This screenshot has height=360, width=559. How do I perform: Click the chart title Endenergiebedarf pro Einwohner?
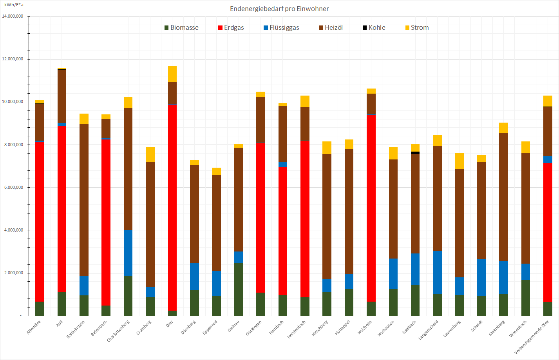point(279,9)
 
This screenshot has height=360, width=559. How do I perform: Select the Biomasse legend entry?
point(181,27)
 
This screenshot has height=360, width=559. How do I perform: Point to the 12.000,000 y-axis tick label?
point(13,59)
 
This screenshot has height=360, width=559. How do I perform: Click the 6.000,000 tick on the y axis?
point(13,187)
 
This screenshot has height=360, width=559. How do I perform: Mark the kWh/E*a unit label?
point(14,5)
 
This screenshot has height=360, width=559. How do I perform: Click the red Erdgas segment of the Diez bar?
point(172,208)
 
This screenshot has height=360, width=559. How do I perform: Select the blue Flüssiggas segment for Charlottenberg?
point(128,253)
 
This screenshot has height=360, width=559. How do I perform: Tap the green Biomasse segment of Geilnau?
point(239,289)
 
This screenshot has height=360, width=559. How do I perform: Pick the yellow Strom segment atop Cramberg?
point(150,154)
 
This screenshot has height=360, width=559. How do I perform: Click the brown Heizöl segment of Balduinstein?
point(84,200)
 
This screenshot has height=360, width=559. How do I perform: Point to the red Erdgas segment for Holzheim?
point(371,208)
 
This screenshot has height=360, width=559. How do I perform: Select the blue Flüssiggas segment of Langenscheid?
point(437,272)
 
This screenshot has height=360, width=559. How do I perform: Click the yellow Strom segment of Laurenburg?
point(460,161)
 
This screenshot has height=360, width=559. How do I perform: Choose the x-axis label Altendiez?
point(34,327)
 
